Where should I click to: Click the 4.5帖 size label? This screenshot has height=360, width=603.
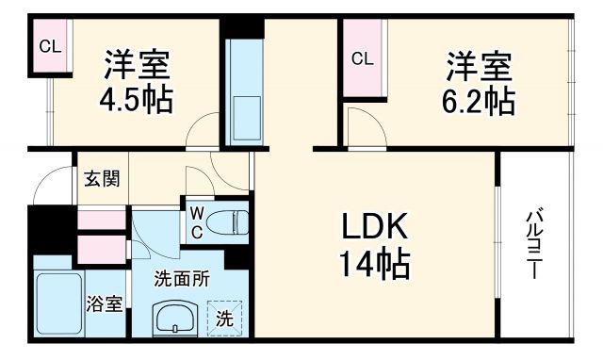(138, 100)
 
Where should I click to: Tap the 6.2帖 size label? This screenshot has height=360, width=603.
(481, 100)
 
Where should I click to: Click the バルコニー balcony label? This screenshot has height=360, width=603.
(534, 244)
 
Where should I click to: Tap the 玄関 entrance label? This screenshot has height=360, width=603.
(97, 178)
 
